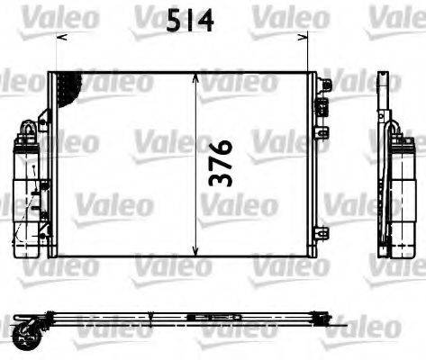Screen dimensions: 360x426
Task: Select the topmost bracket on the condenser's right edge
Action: point(325,85)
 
